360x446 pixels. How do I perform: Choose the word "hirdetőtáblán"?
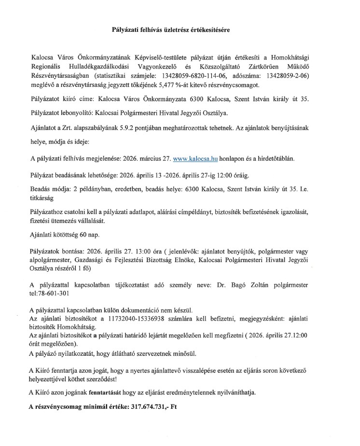tap(280, 158)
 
